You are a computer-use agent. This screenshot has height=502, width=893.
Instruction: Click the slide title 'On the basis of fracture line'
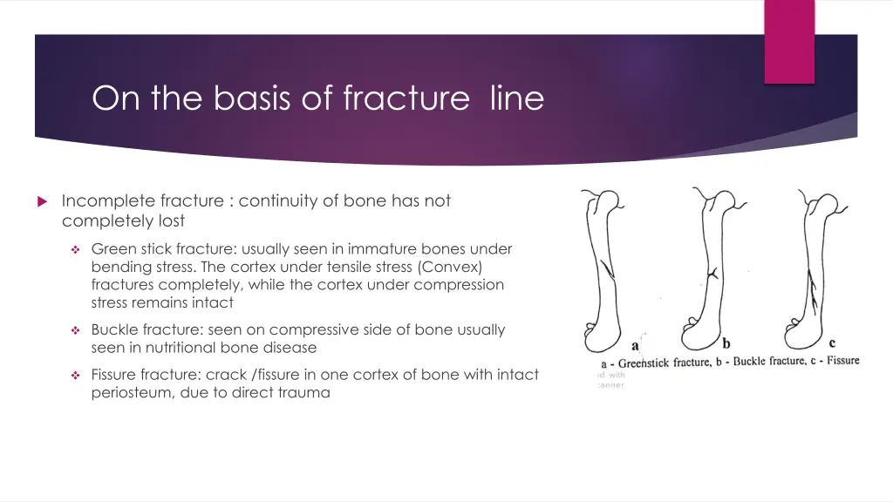(x=317, y=98)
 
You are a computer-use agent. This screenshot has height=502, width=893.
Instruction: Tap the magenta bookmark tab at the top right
(x=789, y=41)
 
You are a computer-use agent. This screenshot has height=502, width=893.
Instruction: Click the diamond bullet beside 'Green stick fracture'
(x=76, y=249)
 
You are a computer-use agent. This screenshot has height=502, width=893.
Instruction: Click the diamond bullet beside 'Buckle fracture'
(x=76, y=330)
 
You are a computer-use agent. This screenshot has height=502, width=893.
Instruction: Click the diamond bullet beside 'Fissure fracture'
(x=76, y=376)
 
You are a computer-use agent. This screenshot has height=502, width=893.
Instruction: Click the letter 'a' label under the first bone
(x=635, y=346)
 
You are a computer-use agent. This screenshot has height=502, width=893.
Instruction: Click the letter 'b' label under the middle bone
(x=726, y=345)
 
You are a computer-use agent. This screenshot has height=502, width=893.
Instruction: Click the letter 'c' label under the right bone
(x=832, y=343)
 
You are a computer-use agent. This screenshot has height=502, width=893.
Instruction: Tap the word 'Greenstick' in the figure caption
(x=643, y=363)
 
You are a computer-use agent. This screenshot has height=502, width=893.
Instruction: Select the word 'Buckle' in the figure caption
(x=749, y=362)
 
